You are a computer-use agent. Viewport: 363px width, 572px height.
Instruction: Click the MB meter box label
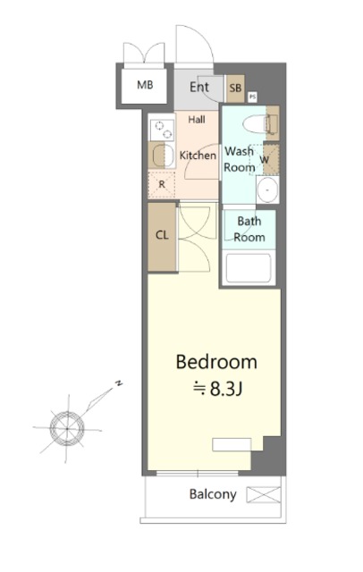[x=145, y=85]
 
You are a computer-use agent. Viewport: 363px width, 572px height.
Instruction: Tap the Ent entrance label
[x=199, y=88]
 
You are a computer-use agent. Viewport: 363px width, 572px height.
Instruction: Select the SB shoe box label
[x=235, y=88]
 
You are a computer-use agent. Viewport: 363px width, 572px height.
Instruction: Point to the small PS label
[x=252, y=97]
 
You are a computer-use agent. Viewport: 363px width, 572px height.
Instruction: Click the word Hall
[x=197, y=119]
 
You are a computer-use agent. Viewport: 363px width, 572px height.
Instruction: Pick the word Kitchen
[x=198, y=156]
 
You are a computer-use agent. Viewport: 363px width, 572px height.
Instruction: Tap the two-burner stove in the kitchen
[x=163, y=130]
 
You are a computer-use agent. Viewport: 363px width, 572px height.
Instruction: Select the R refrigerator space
[x=162, y=185]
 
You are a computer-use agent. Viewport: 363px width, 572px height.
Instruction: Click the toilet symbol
[x=260, y=123]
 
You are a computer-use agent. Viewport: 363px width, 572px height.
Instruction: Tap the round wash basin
[x=268, y=190]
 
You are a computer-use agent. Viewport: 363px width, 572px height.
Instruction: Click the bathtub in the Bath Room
[x=249, y=268]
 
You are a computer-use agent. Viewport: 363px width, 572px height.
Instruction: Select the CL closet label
[x=162, y=235]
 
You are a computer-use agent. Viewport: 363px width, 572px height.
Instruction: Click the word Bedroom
[x=216, y=362]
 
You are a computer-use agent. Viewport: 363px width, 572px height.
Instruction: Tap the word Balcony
[x=213, y=494]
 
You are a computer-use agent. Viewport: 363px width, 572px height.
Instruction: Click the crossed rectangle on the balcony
[x=264, y=494]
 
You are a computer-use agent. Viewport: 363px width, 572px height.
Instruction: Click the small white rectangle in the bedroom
[x=232, y=445]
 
